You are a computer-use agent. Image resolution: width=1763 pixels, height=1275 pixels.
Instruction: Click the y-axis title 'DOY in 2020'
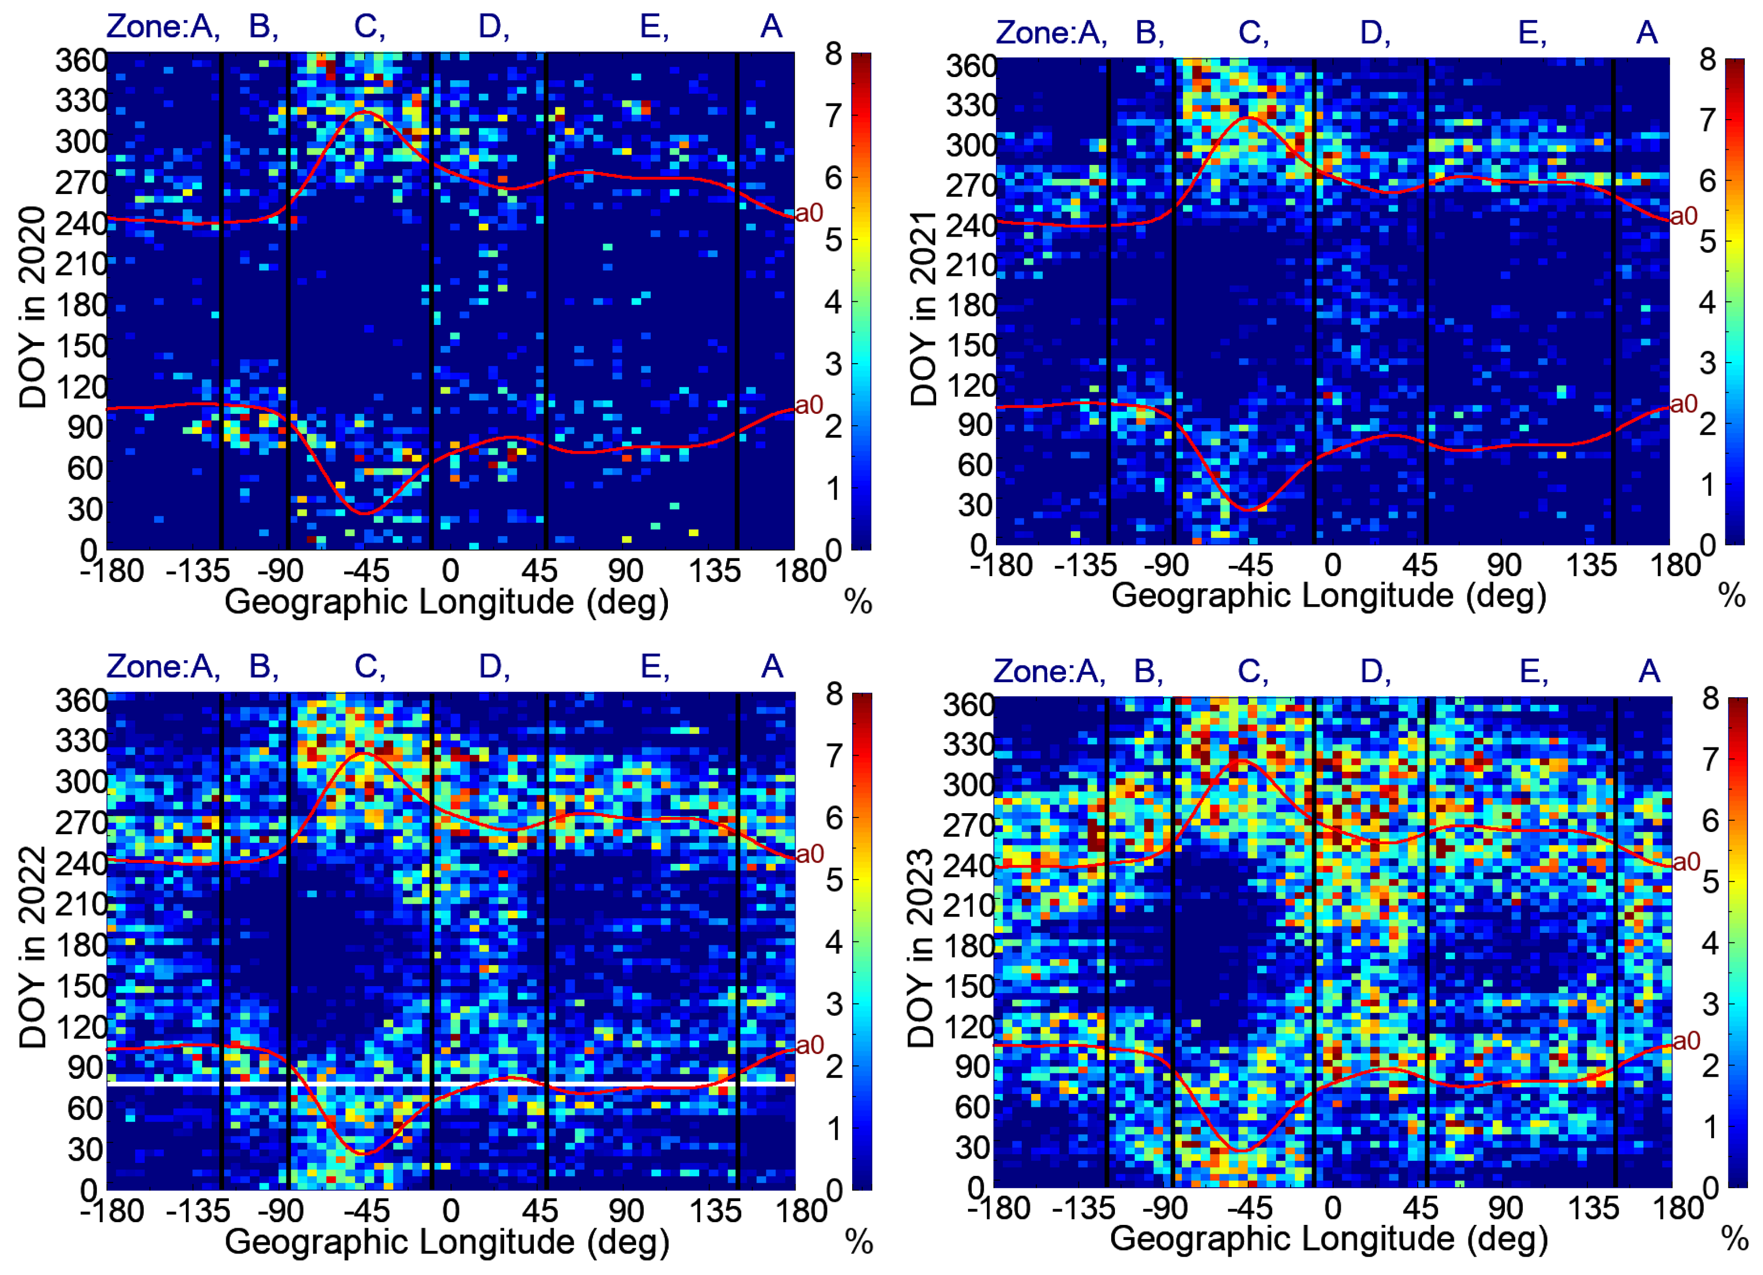(33, 307)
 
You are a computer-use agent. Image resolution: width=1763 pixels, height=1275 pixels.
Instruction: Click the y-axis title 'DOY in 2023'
(921, 948)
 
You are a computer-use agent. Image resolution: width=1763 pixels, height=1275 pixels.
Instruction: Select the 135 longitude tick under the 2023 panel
(1592, 1209)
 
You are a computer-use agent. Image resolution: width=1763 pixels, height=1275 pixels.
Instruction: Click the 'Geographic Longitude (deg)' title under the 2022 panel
(447, 1242)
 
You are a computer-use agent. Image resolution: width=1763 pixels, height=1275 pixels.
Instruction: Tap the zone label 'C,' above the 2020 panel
(369, 27)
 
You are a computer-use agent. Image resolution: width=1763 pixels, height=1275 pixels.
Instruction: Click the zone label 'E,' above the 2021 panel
(1532, 33)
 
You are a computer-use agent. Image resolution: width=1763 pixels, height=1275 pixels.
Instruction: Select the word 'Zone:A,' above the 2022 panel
(163, 667)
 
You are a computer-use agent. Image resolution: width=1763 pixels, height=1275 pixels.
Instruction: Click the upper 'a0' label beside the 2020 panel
(809, 213)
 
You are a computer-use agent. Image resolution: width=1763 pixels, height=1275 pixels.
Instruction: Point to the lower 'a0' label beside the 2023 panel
(1686, 1041)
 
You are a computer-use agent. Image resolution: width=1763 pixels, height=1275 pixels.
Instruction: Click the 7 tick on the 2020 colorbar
(833, 116)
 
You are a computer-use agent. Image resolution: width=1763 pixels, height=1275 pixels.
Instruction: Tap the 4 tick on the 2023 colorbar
(1710, 943)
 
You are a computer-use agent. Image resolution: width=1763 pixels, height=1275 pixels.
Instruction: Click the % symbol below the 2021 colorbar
(1732, 597)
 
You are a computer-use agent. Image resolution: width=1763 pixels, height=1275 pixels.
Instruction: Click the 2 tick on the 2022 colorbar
(833, 1066)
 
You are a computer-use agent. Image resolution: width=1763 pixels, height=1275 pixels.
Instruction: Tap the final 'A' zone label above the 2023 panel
(1649, 671)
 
